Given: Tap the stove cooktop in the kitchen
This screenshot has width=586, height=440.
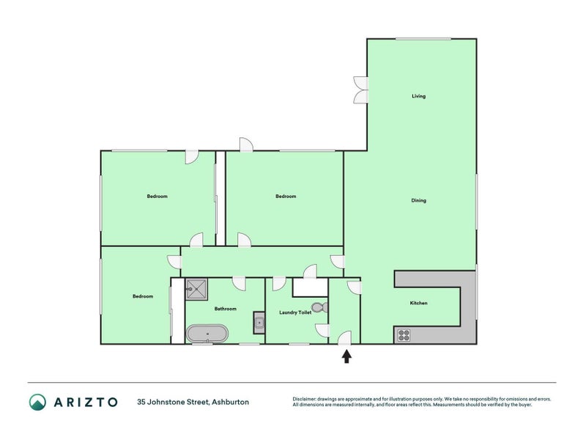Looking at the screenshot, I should coord(403,336).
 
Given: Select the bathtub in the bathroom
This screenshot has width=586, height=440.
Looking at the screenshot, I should coord(207,334).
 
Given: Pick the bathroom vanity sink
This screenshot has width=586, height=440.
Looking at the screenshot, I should coord(259,321).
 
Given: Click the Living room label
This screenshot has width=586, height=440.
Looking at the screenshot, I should coord(418,96).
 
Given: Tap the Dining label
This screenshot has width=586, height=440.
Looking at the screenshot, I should coord(418,200).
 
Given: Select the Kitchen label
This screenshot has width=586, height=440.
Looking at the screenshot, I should coord(418,303).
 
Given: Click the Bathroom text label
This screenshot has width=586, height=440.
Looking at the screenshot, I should coord(225,309).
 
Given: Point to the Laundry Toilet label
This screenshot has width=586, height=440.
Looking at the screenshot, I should coord(295,312).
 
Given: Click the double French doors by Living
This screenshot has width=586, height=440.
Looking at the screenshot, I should coord(359,89).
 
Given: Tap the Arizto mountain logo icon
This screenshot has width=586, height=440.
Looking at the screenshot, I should coord(37,401).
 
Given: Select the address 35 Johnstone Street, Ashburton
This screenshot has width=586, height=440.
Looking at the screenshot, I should coord(193,402).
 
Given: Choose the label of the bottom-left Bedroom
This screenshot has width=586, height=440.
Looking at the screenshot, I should coord(142,296).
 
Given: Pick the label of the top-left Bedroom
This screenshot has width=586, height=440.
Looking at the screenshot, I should coord(157,196).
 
